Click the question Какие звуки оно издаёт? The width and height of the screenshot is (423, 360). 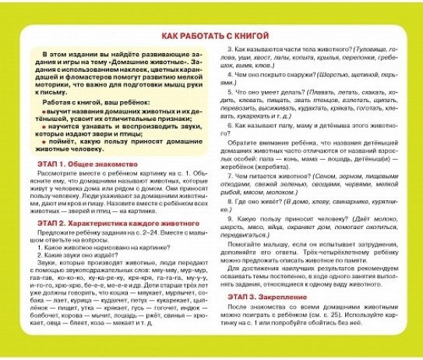pyautogui.click(x=77, y=255)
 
